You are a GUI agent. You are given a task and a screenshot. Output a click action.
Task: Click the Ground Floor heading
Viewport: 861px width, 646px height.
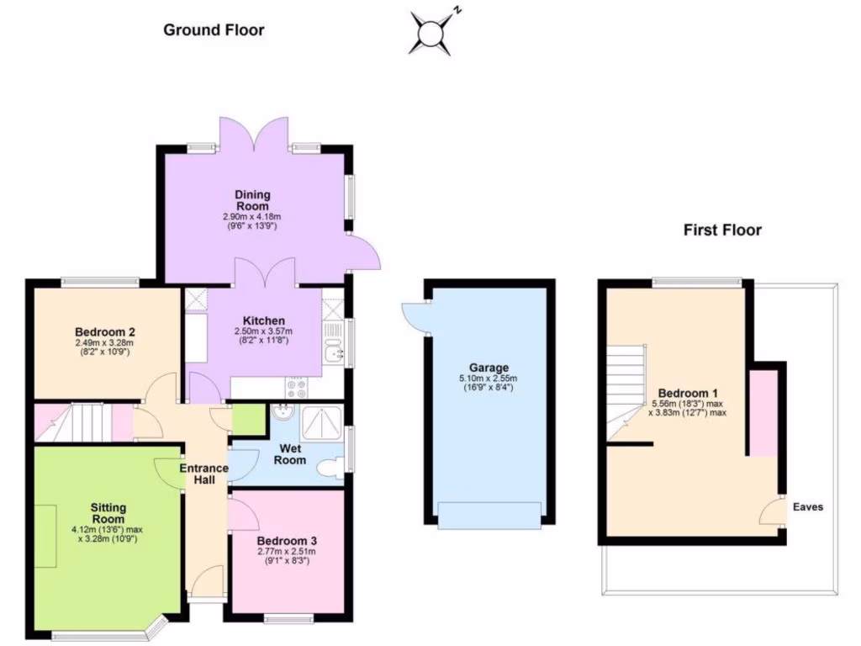(x=214, y=30)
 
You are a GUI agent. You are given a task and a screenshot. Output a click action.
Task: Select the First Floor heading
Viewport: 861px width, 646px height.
(x=722, y=230)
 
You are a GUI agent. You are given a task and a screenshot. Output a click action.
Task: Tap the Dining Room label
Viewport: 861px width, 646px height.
(x=252, y=200)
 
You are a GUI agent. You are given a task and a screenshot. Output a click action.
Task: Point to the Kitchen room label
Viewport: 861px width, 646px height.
(x=264, y=320)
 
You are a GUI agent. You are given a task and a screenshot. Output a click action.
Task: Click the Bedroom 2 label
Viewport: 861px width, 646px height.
(x=105, y=331)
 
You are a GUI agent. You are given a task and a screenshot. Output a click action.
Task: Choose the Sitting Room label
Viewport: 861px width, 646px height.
(x=108, y=513)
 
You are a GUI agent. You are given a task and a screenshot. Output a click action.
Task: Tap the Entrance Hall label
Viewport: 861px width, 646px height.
(x=203, y=474)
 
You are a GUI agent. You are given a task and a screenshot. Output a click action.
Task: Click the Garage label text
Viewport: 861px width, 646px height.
(x=489, y=368)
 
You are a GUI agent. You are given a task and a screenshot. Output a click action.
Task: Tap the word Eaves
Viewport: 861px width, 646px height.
(x=808, y=507)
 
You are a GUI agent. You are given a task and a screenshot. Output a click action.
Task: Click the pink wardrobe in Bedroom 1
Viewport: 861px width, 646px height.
(x=763, y=412)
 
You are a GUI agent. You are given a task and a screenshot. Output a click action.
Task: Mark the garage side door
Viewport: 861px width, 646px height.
(x=414, y=315)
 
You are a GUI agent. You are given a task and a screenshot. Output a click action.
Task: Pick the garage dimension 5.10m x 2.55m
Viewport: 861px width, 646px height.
(x=489, y=379)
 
